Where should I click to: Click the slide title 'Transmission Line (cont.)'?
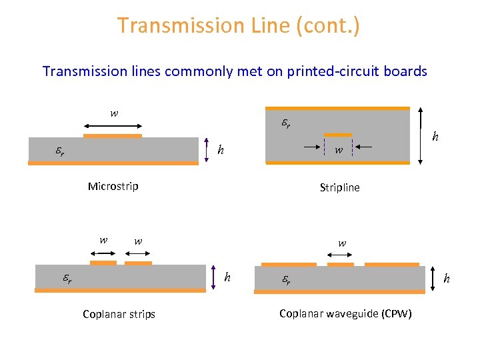pos(239,25)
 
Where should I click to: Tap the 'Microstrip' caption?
pos(113,186)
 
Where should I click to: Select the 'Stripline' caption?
pos(339,187)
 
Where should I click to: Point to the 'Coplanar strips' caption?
pos(119,314)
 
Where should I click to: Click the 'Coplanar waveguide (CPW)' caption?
pos(345,313)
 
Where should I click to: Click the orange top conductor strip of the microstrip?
pos(113,136)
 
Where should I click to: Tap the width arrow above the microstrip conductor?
pos(113,125)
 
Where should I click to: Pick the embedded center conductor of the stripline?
pos(338,135)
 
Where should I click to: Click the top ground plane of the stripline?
pos(337,108)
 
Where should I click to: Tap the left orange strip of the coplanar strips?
pos(103,263)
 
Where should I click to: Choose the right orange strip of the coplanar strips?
pos(138,263)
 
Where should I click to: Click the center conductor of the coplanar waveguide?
pos(341,264)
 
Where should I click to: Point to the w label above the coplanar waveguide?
pos(342,243)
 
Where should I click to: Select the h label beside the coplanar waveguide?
pos(447,278)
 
